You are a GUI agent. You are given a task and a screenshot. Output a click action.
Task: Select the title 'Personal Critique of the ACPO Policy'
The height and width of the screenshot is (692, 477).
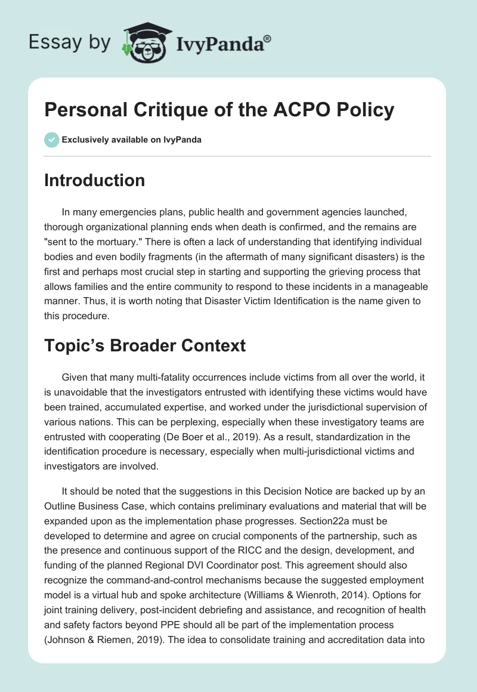coord(219,110)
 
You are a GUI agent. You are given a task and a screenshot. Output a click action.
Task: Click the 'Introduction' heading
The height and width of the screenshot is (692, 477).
coord(94,180)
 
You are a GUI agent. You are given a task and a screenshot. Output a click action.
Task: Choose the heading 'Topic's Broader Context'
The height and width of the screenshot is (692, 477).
coord(145,346)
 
